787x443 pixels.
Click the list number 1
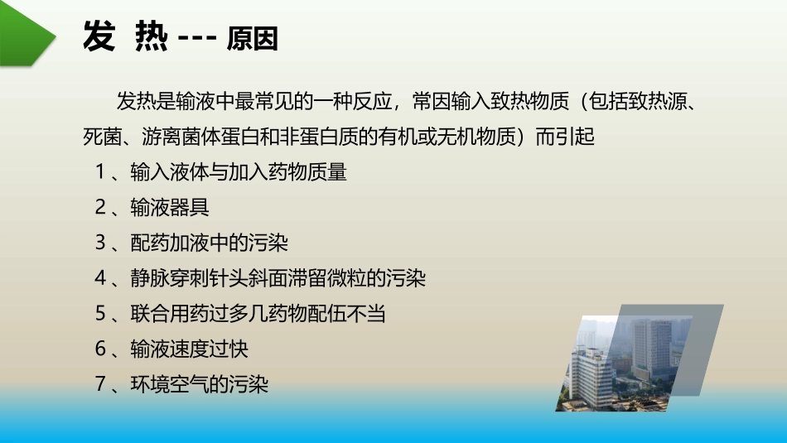click(100, 173)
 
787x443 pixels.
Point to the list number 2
click(100, 208)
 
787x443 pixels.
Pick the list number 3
click(100, 243)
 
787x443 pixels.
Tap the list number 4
click(100, 279)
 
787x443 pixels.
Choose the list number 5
click(100, 314)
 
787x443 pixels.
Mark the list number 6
click(100, 349)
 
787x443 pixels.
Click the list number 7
click(100, 385)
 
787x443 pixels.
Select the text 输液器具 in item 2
click(170, 208)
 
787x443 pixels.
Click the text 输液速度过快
click(189, 349)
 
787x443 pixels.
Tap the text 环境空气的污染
click(199, 385)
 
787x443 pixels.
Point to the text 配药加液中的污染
click(209, 243)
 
